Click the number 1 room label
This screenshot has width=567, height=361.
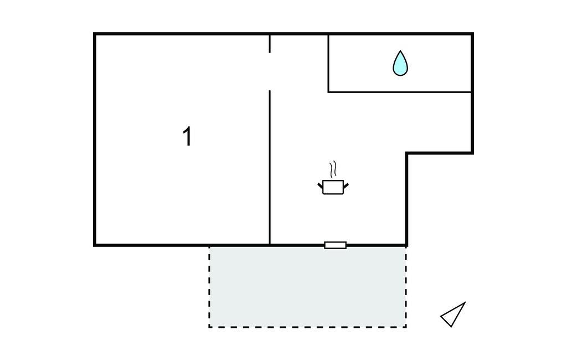click(x=188, y=137)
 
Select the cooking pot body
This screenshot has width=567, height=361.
click(x=333, y=187)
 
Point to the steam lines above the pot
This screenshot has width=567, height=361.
click(x=333, y=169)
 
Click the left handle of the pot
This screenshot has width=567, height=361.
click(x=321, y=185)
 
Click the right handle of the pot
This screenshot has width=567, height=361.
click(x=346, y=185)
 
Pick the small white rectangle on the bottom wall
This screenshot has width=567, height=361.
click(x=335, y=245)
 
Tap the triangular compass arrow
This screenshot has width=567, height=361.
click(x=454, y=314)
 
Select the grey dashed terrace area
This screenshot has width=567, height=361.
click(x=307, y=286)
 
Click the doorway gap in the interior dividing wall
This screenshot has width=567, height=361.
click(x=270, y=71)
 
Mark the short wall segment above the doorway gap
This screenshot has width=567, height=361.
click(x=270, y=44)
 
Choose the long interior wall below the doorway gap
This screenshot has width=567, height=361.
click(x=270, y=166)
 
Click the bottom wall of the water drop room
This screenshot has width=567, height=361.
click(x=400, y=92)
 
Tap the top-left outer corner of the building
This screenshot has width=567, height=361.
click(x=95, y=34)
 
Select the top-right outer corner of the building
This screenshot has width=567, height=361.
click(x=472, y=34)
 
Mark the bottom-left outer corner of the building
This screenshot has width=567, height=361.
click(x=95, y=244)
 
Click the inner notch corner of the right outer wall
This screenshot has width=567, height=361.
click(x=407, y=153)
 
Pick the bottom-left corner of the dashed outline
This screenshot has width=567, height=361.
click(x=209, y=327)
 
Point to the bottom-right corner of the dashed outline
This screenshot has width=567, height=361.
click(x=406, y=327)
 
